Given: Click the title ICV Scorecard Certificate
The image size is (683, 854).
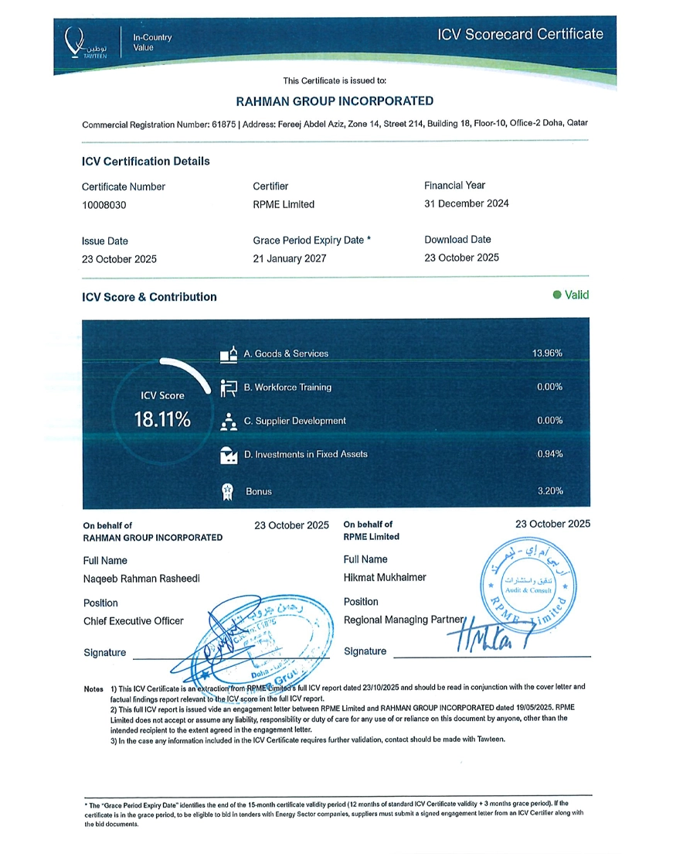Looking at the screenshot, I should [520, 34].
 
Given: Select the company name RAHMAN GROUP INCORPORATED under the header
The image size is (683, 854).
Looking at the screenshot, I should [335, 101].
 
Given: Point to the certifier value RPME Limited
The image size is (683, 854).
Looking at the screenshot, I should [284, 205].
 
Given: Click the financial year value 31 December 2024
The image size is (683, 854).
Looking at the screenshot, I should [467, 203].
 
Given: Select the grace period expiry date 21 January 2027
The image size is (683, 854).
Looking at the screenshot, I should [289, 258].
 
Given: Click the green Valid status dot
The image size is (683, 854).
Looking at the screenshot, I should [556, 295].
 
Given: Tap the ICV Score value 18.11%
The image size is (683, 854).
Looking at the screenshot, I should [162, 420].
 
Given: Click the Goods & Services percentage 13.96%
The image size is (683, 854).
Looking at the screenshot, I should [547, 354].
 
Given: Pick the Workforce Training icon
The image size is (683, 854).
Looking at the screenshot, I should [228, 388].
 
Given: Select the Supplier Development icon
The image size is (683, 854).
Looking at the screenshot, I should [228, 421].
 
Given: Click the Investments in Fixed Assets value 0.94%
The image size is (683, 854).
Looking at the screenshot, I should [549, 454].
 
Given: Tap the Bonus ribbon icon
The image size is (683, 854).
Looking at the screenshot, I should [228, 490].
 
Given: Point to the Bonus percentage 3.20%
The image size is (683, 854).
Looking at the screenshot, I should [549, 490].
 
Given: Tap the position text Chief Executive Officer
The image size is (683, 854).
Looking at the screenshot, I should [134, 620].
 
